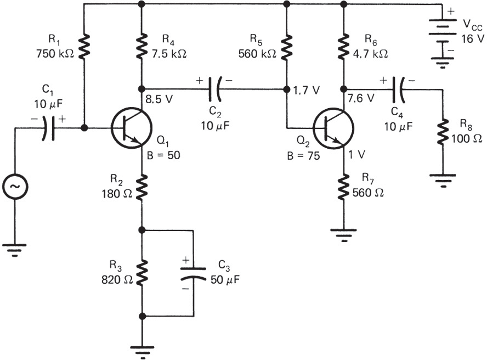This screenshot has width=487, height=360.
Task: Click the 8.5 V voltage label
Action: click(158, 100)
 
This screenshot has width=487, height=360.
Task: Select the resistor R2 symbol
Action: click(142, 187)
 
